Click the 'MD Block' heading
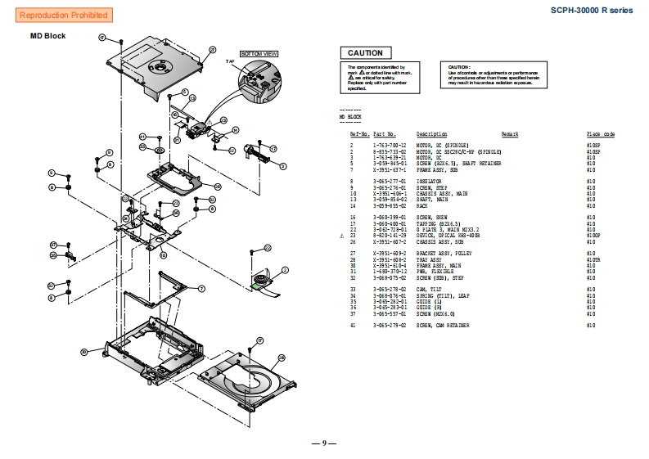click(48, 36)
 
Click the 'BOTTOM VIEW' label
click(259, 53)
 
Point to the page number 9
click(324, 443)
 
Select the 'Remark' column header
click(510, 134)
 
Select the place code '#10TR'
click(593, 259)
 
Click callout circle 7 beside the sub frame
click(201, 287)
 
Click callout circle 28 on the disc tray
click(282, 358)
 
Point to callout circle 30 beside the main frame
click(83, 352)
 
